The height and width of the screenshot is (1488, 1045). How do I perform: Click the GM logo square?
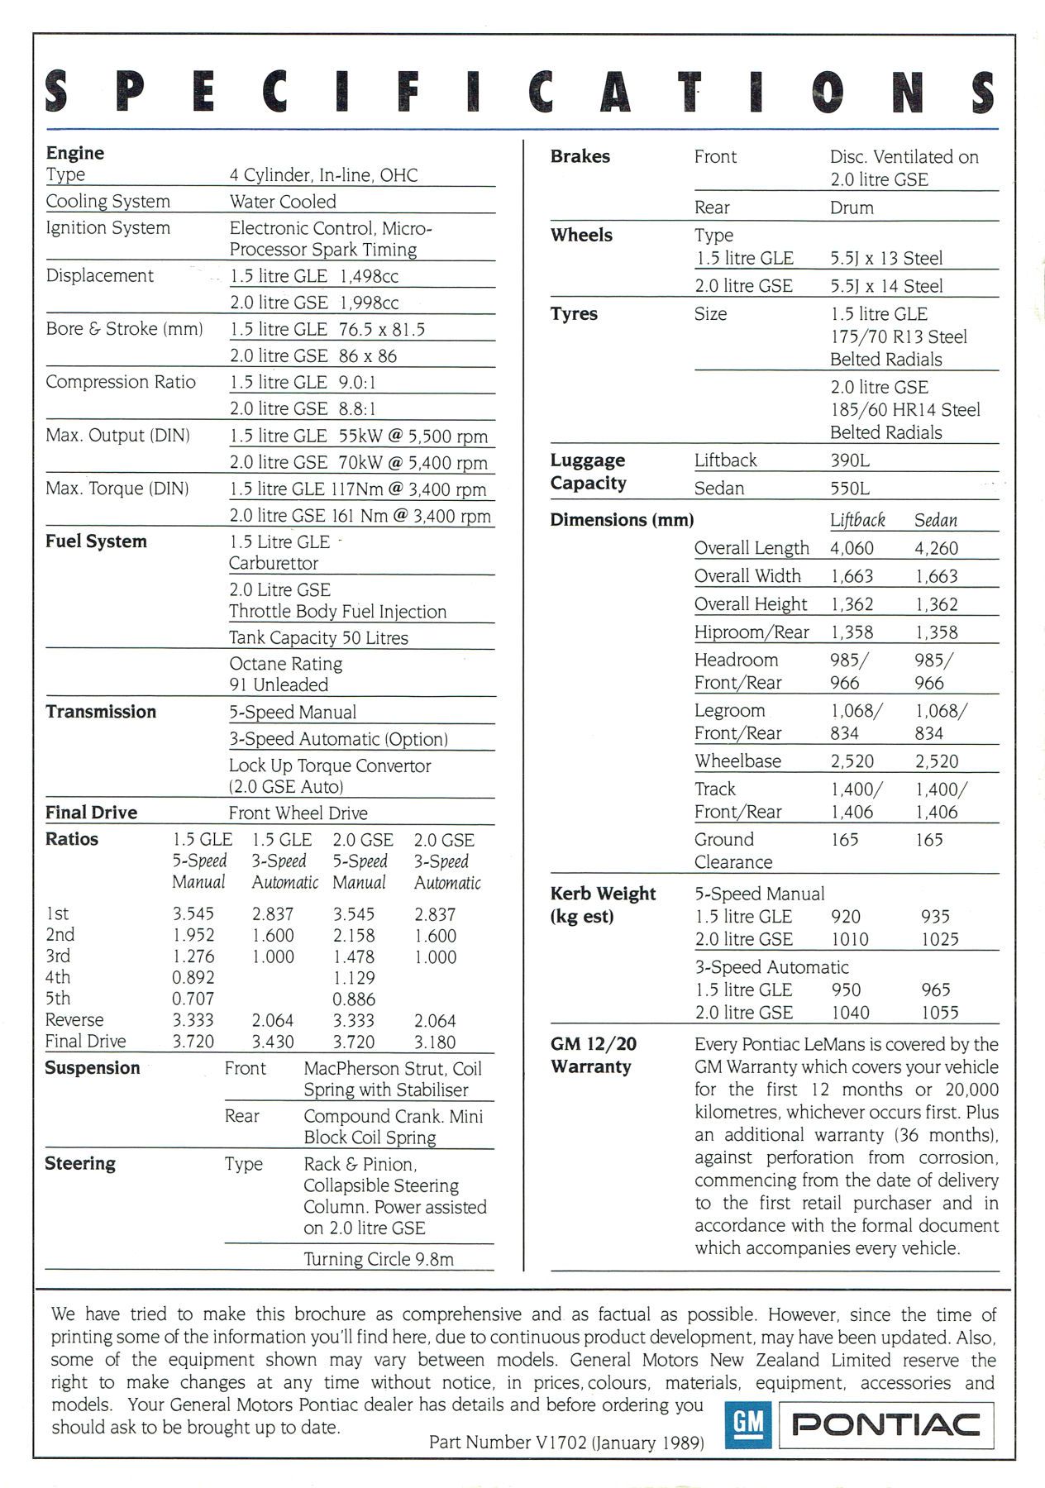[x=747, y=1424]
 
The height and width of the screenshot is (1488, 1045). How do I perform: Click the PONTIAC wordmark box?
[x=886, y=1424]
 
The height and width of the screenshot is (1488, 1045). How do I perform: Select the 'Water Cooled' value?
[x=283, y=202]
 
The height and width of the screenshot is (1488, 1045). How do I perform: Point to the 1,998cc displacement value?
[x=369, y=303]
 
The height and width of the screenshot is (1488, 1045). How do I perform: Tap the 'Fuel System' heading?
[x=96, y=541]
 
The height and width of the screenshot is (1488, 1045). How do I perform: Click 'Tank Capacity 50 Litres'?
[x=318, y=637]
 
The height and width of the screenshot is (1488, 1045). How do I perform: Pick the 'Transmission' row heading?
[x=101, y=712]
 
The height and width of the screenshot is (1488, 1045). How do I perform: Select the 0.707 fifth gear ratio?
[x=193, y=999]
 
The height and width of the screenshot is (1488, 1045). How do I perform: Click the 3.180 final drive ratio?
[x=435, y=1042]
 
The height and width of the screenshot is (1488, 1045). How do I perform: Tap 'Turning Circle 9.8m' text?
[x=379, y=1259]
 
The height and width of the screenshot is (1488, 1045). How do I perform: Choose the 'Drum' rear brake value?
[x=852, y=207]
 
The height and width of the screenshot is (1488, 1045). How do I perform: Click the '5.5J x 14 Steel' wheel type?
[x=886, y=286]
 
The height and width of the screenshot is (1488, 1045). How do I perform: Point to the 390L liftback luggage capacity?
[x=850, y=460]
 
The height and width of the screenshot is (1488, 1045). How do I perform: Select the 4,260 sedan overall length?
[x=936, y=548]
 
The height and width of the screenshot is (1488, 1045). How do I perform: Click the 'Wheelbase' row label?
[x=737, y=761]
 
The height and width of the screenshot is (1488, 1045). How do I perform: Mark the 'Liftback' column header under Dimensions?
[x=857, y=520]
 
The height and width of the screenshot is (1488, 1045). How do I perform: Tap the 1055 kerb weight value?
[x=939, y=1013]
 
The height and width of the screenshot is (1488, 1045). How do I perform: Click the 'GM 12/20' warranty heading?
[x=594, y=1044]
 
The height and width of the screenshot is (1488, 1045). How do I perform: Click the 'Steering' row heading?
[x=80, y=1163]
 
